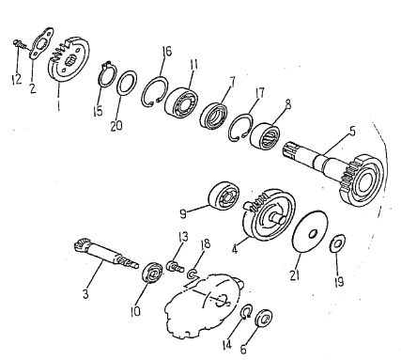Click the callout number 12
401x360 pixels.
coord(16,79)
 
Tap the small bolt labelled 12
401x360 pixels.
coord(20,43)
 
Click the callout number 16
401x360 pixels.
coord(167,51)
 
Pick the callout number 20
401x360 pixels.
coord(116,126)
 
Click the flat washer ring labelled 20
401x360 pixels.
coord(127,82)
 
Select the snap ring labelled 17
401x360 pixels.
coord(240,127)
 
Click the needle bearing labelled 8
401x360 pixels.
coord(267,137)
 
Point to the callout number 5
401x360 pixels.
coord(352,131)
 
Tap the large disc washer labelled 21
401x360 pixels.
coord(310,231)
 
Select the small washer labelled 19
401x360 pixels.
coord(338,243)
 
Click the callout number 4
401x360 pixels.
coord(235,249)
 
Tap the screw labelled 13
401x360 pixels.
coord(175,266)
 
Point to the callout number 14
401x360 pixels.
coord(227,345)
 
